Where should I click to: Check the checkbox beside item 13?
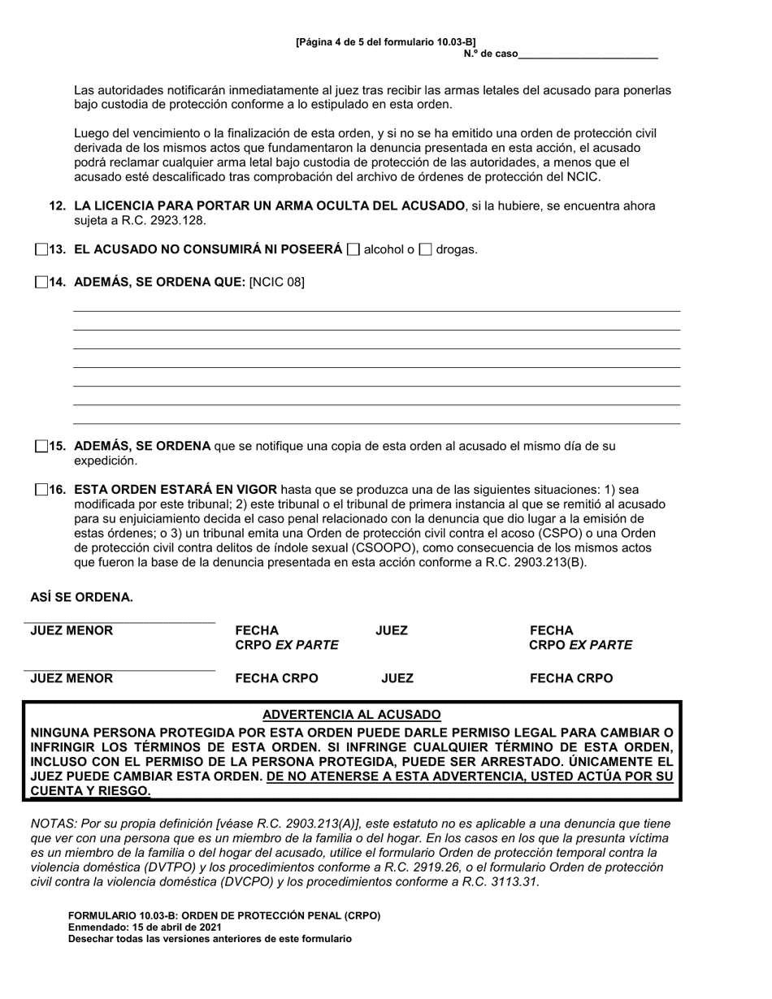coord(41,250)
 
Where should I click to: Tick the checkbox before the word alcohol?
coord(353,250)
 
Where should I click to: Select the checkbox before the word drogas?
coord(425,250)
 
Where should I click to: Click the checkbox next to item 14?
coord(41,283)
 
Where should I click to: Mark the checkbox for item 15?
coord(41,446)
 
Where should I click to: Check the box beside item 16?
coord(41,490)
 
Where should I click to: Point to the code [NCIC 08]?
coord(277,283)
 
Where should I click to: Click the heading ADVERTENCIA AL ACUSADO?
coord(352,715)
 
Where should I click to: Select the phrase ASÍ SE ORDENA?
coord(81,598)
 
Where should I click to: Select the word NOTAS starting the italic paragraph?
coord(52,824)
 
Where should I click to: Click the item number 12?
coord(58,206)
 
